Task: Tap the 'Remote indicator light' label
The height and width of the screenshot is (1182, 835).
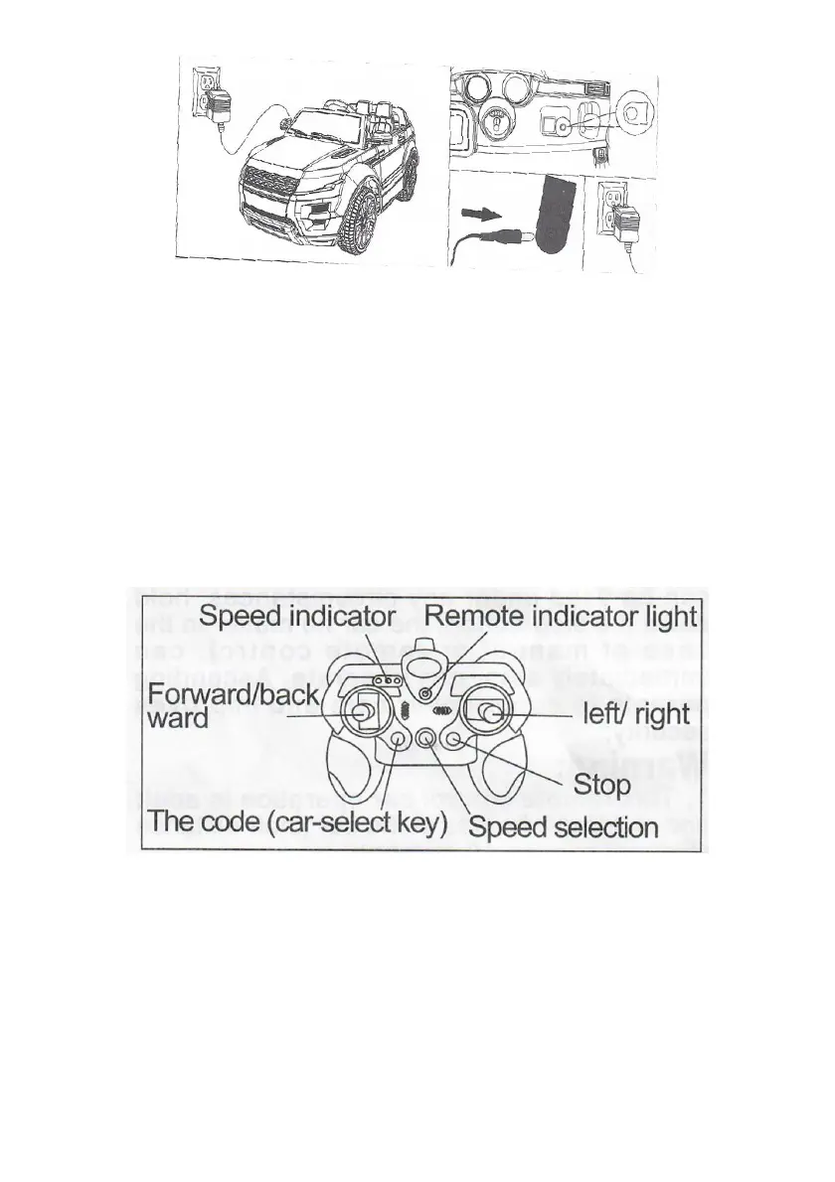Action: (x=561, y=617)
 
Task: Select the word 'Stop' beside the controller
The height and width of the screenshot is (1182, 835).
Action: (x=602, y=786)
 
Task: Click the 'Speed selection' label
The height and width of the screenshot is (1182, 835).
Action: (x=563, y=826)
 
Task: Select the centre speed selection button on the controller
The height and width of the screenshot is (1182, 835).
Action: (x=426, y=739)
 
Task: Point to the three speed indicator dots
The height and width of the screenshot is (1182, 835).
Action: (x=386, y=680)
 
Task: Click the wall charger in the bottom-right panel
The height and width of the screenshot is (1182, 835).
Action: (x=622, y=224)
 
